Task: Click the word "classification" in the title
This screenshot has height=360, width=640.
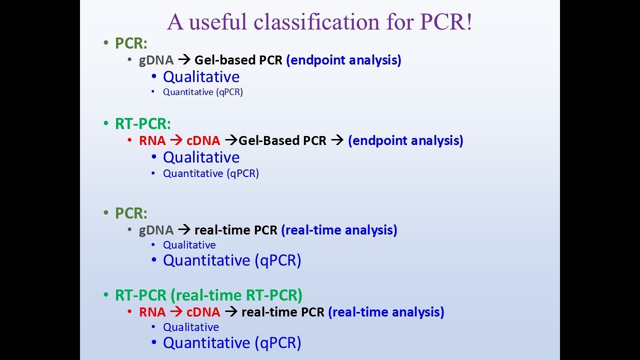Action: pos(316,21)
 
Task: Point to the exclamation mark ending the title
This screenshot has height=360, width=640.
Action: pos(469,21)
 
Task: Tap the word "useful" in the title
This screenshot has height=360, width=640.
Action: pos(217,21)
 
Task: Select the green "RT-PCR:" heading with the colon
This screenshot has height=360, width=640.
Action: pos(143,123)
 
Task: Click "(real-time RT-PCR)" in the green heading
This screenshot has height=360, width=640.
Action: pos(236,295)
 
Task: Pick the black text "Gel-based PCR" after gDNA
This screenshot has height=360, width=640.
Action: pos(238,60)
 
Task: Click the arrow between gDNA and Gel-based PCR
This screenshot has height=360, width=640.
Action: pos(184,60)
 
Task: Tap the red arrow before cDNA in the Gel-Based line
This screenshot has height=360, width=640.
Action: pos(176,140)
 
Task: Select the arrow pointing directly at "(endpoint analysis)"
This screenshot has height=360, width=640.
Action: pos(337,140)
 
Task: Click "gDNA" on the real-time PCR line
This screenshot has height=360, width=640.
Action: pos(156,230)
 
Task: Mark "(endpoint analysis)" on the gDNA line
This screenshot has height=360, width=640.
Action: pos(343,60)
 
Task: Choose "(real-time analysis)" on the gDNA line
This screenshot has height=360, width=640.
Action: pos(339,230)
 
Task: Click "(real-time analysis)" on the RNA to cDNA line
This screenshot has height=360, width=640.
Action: pos(386,312)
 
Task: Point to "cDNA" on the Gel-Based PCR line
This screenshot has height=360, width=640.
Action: pos(203,140)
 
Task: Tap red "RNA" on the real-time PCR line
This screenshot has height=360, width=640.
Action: pos(152,312)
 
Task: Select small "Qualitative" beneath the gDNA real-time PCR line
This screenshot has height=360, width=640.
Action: pos(189,245)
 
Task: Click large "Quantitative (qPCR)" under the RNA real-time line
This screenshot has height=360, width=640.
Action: pos(232,342)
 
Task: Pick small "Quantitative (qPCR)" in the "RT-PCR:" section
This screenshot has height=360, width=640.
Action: pos(211,173)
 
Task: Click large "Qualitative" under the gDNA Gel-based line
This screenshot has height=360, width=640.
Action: pos(201,76)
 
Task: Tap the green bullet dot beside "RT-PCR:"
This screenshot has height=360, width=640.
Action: pos(106,123)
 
